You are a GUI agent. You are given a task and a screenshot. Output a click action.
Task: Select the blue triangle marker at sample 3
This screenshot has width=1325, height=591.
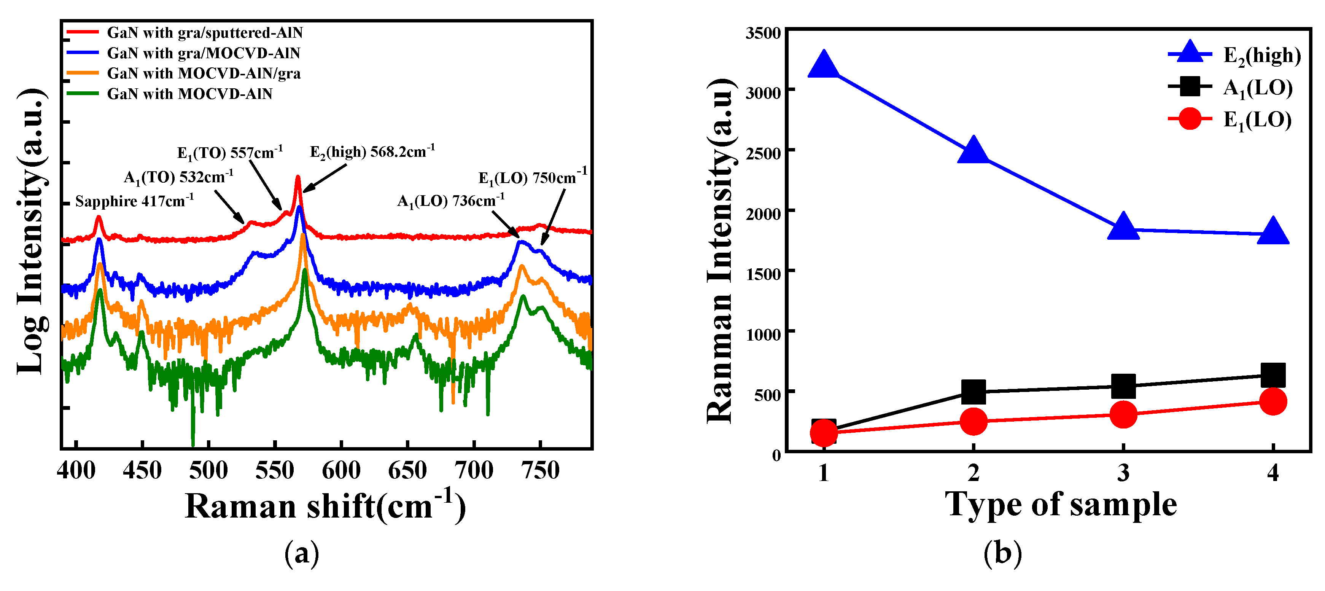coord(1123,227)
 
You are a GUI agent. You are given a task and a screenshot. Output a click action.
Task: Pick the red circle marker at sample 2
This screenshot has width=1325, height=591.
coord(973,421)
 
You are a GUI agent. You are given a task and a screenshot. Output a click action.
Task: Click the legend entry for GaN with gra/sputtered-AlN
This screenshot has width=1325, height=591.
coord(204,33)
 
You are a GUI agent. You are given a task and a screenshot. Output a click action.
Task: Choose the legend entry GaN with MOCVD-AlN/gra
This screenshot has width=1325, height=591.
coord(203,73)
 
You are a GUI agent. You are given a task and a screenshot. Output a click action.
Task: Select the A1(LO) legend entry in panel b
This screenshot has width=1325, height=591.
coord(1257,88)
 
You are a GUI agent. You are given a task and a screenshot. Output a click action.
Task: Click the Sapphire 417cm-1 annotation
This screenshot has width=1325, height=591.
coord(134,201)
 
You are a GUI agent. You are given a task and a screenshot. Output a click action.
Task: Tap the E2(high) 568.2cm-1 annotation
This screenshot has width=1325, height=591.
coord(372,152)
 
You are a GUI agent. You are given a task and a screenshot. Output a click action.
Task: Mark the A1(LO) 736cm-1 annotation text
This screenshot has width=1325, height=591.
coord(450,201)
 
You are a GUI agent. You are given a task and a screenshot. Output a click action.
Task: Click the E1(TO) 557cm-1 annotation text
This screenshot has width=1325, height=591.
coord(229,153)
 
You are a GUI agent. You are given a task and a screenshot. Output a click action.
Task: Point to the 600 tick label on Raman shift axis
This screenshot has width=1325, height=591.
coord(341,470)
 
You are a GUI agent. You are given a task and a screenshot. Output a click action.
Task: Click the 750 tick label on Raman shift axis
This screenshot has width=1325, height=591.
coord(540,470)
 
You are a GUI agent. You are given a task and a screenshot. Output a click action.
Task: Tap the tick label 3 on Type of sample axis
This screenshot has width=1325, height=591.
coord(1123,472)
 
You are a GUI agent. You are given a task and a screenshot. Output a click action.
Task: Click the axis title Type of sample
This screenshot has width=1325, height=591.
coord(1061,504)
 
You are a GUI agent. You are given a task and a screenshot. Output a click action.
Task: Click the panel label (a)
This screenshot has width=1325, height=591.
coord(301,553)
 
